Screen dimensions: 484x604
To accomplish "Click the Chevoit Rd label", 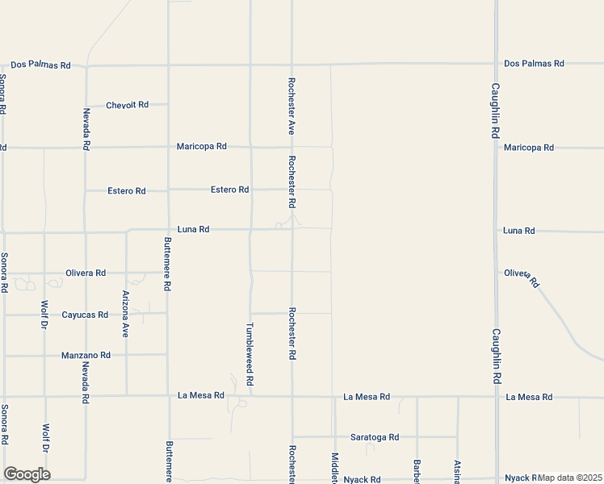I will tap(128, 105).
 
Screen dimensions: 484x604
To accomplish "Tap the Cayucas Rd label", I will tap(85, 315).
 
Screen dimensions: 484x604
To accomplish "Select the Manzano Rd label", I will tap(86, 355).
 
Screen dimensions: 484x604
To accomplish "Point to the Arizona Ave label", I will tap(125, 314).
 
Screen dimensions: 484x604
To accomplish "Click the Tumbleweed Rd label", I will tap(250, 354).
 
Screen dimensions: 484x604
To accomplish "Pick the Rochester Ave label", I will tap(292, 106).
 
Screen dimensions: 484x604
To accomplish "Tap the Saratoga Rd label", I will tap(375, 437).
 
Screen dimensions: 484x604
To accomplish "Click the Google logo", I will tap(27, 474).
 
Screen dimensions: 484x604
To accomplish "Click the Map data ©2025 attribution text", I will tap(569, 478).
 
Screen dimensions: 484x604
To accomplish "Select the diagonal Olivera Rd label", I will tap(521, 278).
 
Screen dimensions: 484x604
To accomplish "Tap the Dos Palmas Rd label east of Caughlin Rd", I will tap(534, 63).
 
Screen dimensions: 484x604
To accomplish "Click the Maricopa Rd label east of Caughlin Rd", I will tap(528, 148).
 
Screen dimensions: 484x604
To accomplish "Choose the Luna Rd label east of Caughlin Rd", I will tap(518, 231).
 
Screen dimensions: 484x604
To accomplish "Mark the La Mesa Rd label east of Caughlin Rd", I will tap(529, 397).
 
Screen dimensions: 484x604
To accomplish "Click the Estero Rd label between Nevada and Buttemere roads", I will tap(127, 191).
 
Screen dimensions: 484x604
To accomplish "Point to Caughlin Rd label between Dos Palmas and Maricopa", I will tap(496, 111).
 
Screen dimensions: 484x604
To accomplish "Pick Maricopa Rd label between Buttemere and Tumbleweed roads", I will tap(202, 147).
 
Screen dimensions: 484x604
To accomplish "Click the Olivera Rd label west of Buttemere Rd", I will tap(85, 273).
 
